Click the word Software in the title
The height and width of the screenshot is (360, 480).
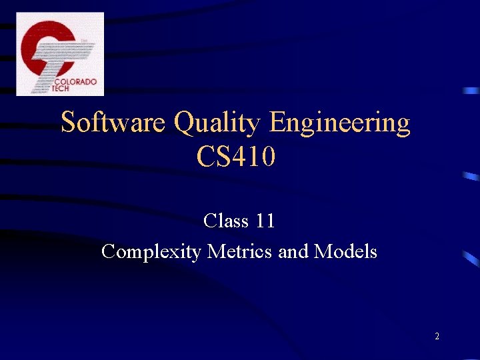pyautogui.click(x=114, y=123)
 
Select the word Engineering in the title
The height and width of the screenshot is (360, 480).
pyautogui.click(x=339, y=124)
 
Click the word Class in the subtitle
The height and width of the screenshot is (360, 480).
pyautogui.click(x=225, y=221)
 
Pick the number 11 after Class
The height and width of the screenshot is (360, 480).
pyautogui.click(x=265, y=221)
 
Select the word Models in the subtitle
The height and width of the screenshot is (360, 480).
pyautogui.click(x=345, y=252)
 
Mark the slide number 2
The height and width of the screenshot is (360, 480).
pyautogui.click(x=437, y=337)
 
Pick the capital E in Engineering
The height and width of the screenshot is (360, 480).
pyautogui.click(x=277, y=123)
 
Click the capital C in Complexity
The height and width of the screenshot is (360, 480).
pyautogui.click(x=108, y=252)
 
